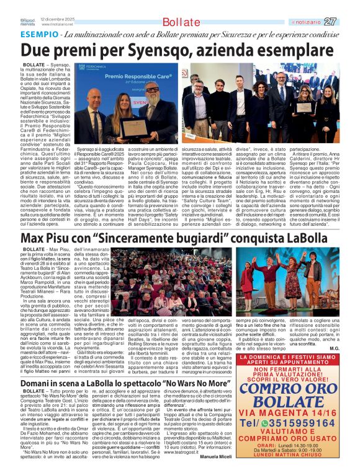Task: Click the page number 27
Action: tap(348, 22)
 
